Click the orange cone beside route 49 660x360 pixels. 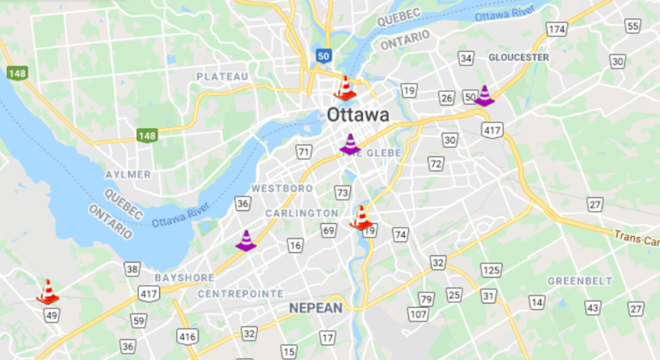click(47, 292)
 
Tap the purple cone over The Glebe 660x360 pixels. click(350, 144)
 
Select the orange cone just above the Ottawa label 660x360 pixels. click(345, 88)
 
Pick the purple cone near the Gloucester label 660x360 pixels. click(484, 96)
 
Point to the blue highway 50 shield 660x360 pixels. click(324, 55)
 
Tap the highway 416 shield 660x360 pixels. click(187, 337)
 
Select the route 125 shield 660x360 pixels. click(491, 270)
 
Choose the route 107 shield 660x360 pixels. click(418, 314)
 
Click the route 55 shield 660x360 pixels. click(633, 26)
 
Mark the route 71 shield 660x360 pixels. click(304, 152)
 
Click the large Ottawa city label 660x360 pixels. click(358, 115)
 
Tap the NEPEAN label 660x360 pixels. click(315, 309)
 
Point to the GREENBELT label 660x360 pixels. click(580, 281)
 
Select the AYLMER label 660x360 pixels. click(128, 174)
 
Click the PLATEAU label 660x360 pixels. click(223, 76)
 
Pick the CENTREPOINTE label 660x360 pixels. click(240, 294)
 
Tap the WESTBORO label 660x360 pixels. click(282, 188)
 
